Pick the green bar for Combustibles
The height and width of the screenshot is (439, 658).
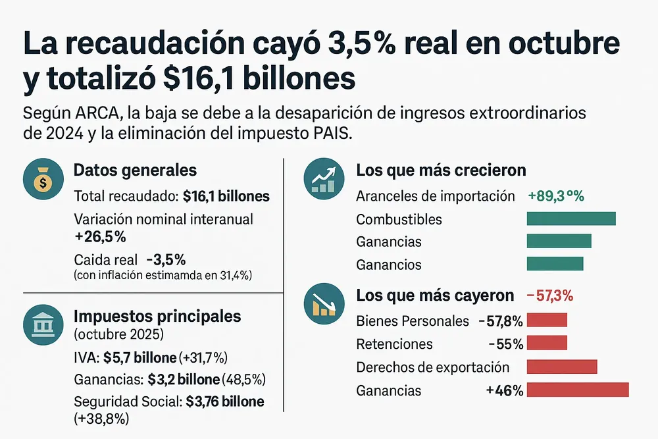pos(571,219)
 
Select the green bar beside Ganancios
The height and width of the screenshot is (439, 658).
pos(555,264)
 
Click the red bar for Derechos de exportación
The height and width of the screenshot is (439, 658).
pos(562,367)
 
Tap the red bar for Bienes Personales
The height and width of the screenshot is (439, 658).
pos(547,321)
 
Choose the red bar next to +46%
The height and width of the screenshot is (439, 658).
pos(578,390)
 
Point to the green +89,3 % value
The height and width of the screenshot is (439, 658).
pos(556,196)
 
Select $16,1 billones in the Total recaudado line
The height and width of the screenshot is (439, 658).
pos(226,197)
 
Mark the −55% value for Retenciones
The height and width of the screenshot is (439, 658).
pos(506,344)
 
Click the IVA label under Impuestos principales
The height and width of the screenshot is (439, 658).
pos(84,358)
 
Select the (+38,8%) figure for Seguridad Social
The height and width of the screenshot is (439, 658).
pos(102,418)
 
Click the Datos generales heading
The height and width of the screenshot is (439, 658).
pos(135,170)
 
